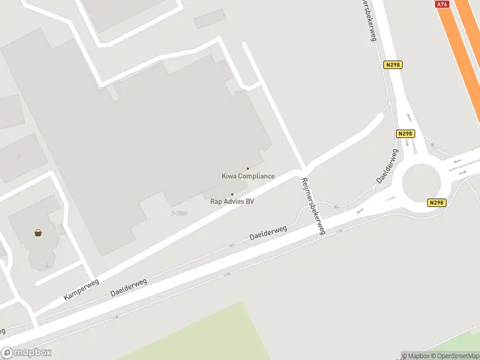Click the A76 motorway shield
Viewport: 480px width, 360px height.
[x=442, y=4]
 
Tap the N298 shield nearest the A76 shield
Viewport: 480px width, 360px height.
[x=393, y=65]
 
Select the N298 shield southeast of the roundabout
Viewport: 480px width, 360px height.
[x=437, y=203]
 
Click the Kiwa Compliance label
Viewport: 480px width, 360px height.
[x=248, y=176]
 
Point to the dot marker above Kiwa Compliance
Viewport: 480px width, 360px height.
[x=248, y=169]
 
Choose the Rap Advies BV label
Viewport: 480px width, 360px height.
[x=232, y=202]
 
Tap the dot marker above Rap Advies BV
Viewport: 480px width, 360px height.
[x=232, y=194]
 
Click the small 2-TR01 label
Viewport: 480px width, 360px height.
[x=179, y=214]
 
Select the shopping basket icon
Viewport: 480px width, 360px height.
[x=38, y=233]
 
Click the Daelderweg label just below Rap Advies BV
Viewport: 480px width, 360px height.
[x=268, y=233]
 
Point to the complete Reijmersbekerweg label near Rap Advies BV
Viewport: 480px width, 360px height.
[x=314, y=206]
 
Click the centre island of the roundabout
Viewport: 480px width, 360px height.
[x=422, y=182]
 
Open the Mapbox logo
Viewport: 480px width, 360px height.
[x=26, y=353]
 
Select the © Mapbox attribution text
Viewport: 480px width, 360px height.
[x=416, y=356]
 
